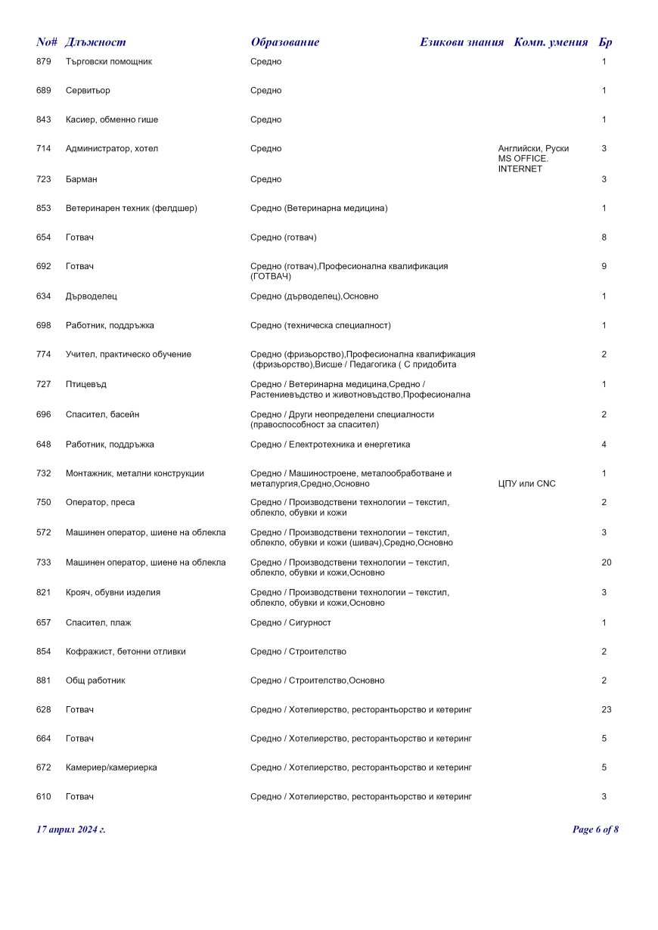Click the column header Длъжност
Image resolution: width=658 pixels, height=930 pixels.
click(95, 42)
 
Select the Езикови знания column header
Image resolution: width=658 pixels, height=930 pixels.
click(461, 42)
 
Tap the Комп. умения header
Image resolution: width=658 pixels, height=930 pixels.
click(551, 42)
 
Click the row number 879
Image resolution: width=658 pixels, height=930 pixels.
click(44, 61)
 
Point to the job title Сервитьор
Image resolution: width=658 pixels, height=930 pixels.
click(88, 91)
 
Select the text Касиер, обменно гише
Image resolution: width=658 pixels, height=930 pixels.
click(112, 119)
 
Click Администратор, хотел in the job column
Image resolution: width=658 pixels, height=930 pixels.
click(112, 149)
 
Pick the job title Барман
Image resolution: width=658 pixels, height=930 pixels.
click(82, 179)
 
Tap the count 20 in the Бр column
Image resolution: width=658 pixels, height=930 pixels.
click(606, 563)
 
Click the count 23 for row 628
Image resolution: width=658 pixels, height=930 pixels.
click(606, 710)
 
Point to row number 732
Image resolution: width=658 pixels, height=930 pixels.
click(44, 473)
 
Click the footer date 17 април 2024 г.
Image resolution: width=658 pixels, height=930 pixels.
click(71, 829)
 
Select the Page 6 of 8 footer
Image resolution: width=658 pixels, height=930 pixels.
click(595, 829)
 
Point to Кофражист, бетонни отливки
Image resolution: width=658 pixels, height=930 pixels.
click(126, 652)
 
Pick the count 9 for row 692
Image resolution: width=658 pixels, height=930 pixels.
click(604, 266)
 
